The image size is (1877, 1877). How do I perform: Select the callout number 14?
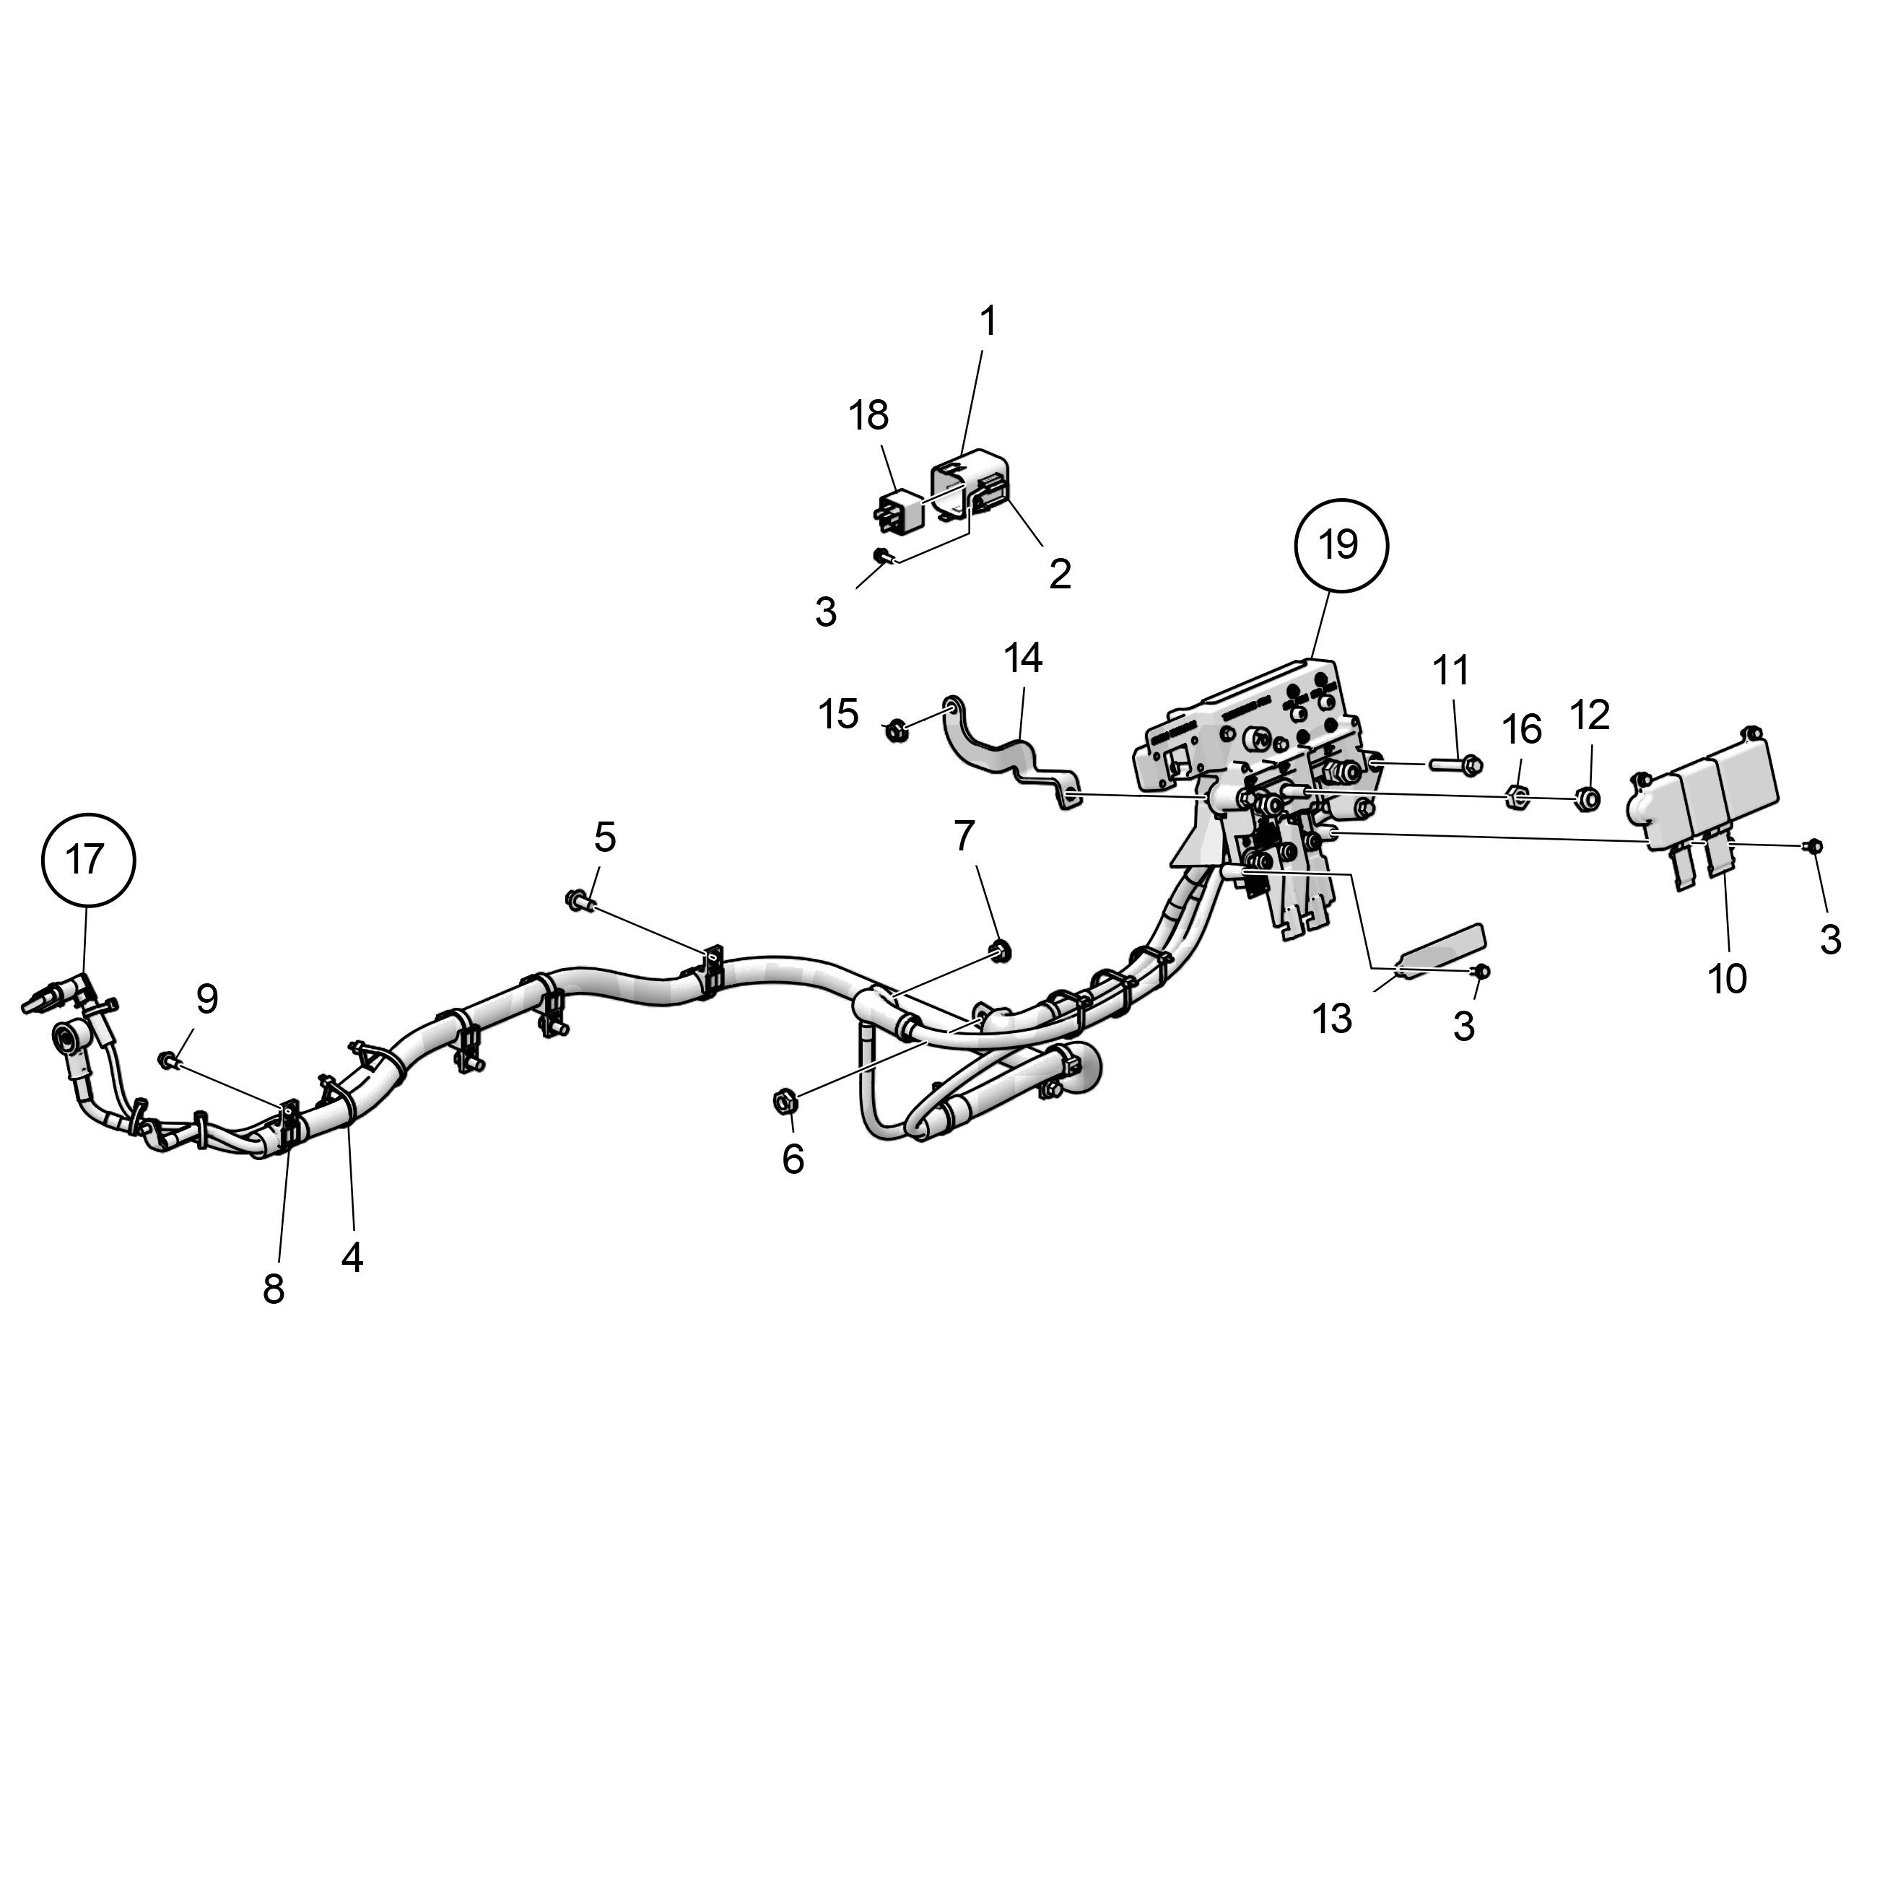[1023, 658]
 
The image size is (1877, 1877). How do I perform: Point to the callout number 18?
[868, 416]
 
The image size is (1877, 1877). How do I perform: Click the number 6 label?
[793, 1159]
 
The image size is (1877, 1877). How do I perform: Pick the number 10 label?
[1728, 980]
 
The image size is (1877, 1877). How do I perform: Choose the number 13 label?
[1332, 1019]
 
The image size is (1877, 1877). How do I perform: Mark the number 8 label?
[274, 1289]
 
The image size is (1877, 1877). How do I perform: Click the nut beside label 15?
[894, 728]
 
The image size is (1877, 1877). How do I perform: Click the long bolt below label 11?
[1455, 765]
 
